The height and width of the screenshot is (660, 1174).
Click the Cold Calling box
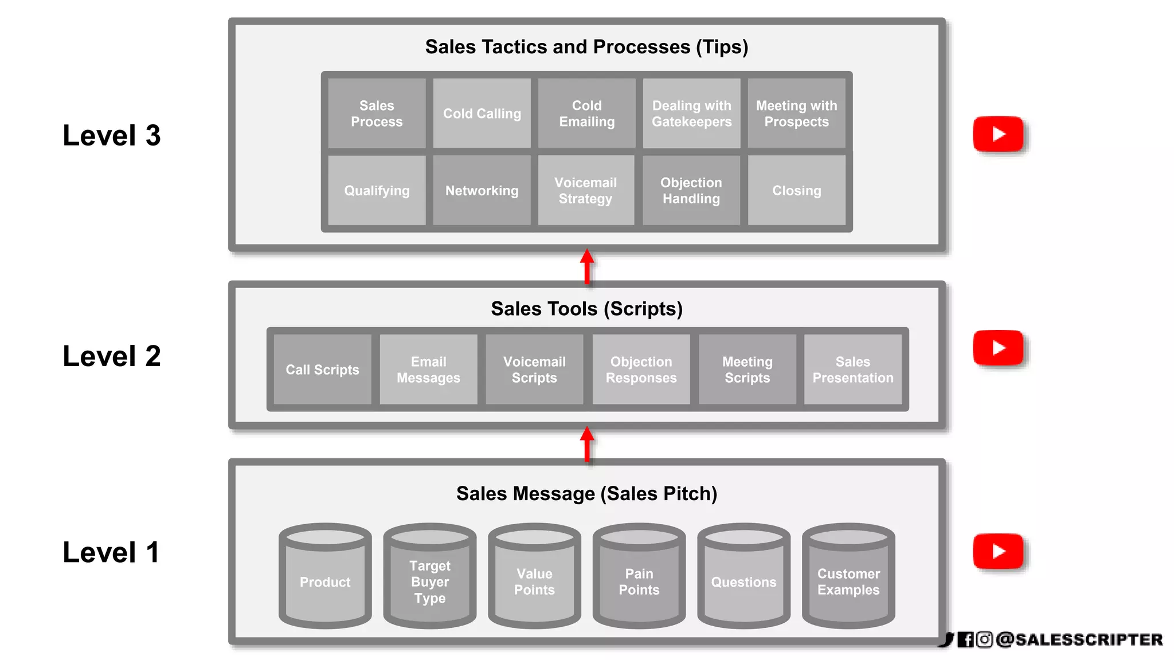(482, 113)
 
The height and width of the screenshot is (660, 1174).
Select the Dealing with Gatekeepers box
(691, 113)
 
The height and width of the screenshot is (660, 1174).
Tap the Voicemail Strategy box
(586, 190)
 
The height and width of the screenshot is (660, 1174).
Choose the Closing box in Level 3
(796, 190)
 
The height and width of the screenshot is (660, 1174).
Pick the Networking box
(482, 190)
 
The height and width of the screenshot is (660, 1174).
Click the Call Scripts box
(322, 370)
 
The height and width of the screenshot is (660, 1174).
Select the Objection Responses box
(641, 370)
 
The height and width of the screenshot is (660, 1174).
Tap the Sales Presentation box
(852, 370)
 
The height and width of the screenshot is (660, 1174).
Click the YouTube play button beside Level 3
(998, 134)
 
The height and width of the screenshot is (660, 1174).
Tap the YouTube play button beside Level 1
(998, 551)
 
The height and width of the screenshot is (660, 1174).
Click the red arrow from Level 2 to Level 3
(587, 266)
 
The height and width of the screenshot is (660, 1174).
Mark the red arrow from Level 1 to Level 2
(587, 444)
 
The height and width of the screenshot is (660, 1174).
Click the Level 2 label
(112, 356)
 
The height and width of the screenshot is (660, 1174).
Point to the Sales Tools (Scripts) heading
(586, 309)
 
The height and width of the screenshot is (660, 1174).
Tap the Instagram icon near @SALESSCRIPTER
(984, 639)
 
